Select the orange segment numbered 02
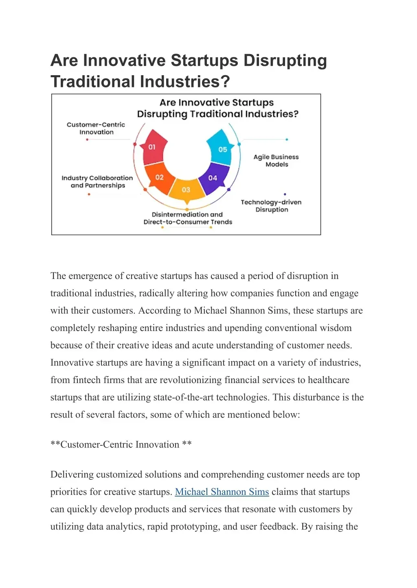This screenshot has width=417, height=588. [x=159, y=178]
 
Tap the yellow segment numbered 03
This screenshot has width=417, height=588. [x=186, y=190]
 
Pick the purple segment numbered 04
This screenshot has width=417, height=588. [x=213, y=178]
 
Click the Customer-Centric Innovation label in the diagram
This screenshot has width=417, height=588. [x=96, y=128]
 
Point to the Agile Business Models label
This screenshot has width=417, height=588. [x=276, y=161]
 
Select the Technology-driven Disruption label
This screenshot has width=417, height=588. [x=271, y=206]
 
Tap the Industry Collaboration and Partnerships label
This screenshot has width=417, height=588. [x=97, y=182]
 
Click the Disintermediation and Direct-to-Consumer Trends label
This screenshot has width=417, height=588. [x=188, y=218]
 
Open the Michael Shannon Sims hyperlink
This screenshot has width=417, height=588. [x=222, y=492]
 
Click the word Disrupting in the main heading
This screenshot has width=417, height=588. [x=285, y=61]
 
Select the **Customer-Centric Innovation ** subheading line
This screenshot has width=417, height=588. [x=121, y=444]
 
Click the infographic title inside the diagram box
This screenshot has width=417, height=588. [x=217, y=108]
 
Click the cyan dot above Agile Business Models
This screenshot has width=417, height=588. [x=287, y=139]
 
